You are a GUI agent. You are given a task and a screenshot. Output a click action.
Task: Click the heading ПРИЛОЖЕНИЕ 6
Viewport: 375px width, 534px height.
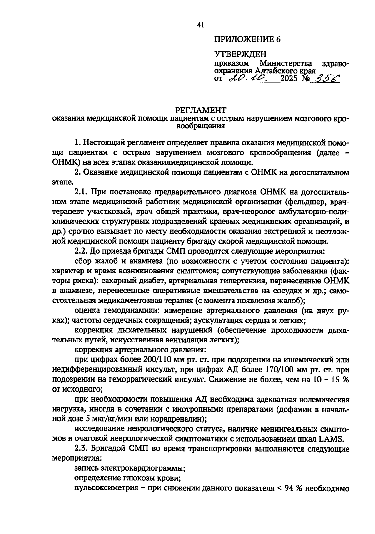[x=247, y=39]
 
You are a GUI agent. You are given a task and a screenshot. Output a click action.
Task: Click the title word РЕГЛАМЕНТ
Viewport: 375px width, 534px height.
[x=200, y=111]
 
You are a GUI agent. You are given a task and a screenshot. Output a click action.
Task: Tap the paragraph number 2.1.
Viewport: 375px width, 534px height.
[x=82, y=192]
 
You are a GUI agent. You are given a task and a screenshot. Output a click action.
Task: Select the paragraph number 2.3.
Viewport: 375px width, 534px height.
[x=82, y=449]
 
